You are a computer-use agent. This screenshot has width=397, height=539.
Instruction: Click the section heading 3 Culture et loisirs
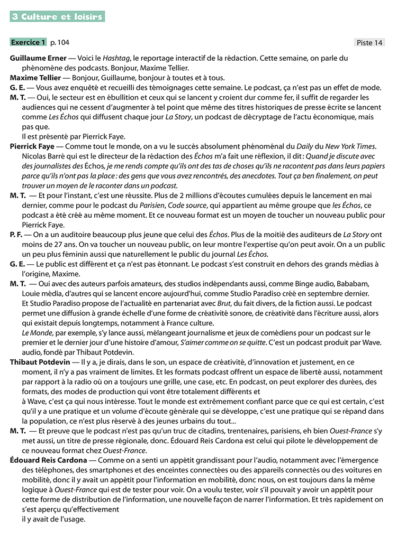(x=57, y=17)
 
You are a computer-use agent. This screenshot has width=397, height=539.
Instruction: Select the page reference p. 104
(x=59, y=42)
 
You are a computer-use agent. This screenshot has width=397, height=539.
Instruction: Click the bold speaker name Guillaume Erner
(x=39, y=58)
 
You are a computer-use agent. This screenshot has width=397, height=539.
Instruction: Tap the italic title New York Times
(x=350, y=146)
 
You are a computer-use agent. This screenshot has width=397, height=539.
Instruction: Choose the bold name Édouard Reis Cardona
(x=50, y=460)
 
